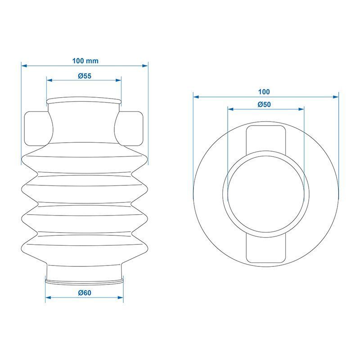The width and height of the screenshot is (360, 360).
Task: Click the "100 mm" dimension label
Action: (x=85, y=61)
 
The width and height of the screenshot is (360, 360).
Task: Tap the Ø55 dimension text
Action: (x=85, y=76)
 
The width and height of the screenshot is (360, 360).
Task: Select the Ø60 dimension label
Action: (x=85, y=293)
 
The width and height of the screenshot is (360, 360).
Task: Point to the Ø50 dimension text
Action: (x=264, y=104)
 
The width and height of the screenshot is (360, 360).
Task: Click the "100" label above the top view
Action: (x=264, y=92)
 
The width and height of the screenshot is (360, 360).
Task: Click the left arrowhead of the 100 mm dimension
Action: (x=24, y=66)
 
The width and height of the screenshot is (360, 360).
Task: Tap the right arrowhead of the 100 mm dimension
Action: (x=145, y=66)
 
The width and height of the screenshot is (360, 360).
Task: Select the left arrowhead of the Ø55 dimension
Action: (x=49, y=80)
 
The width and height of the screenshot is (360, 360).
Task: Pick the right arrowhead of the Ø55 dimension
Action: (x=118, y=80)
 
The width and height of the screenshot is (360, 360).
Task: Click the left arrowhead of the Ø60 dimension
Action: (x=48, y=297)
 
